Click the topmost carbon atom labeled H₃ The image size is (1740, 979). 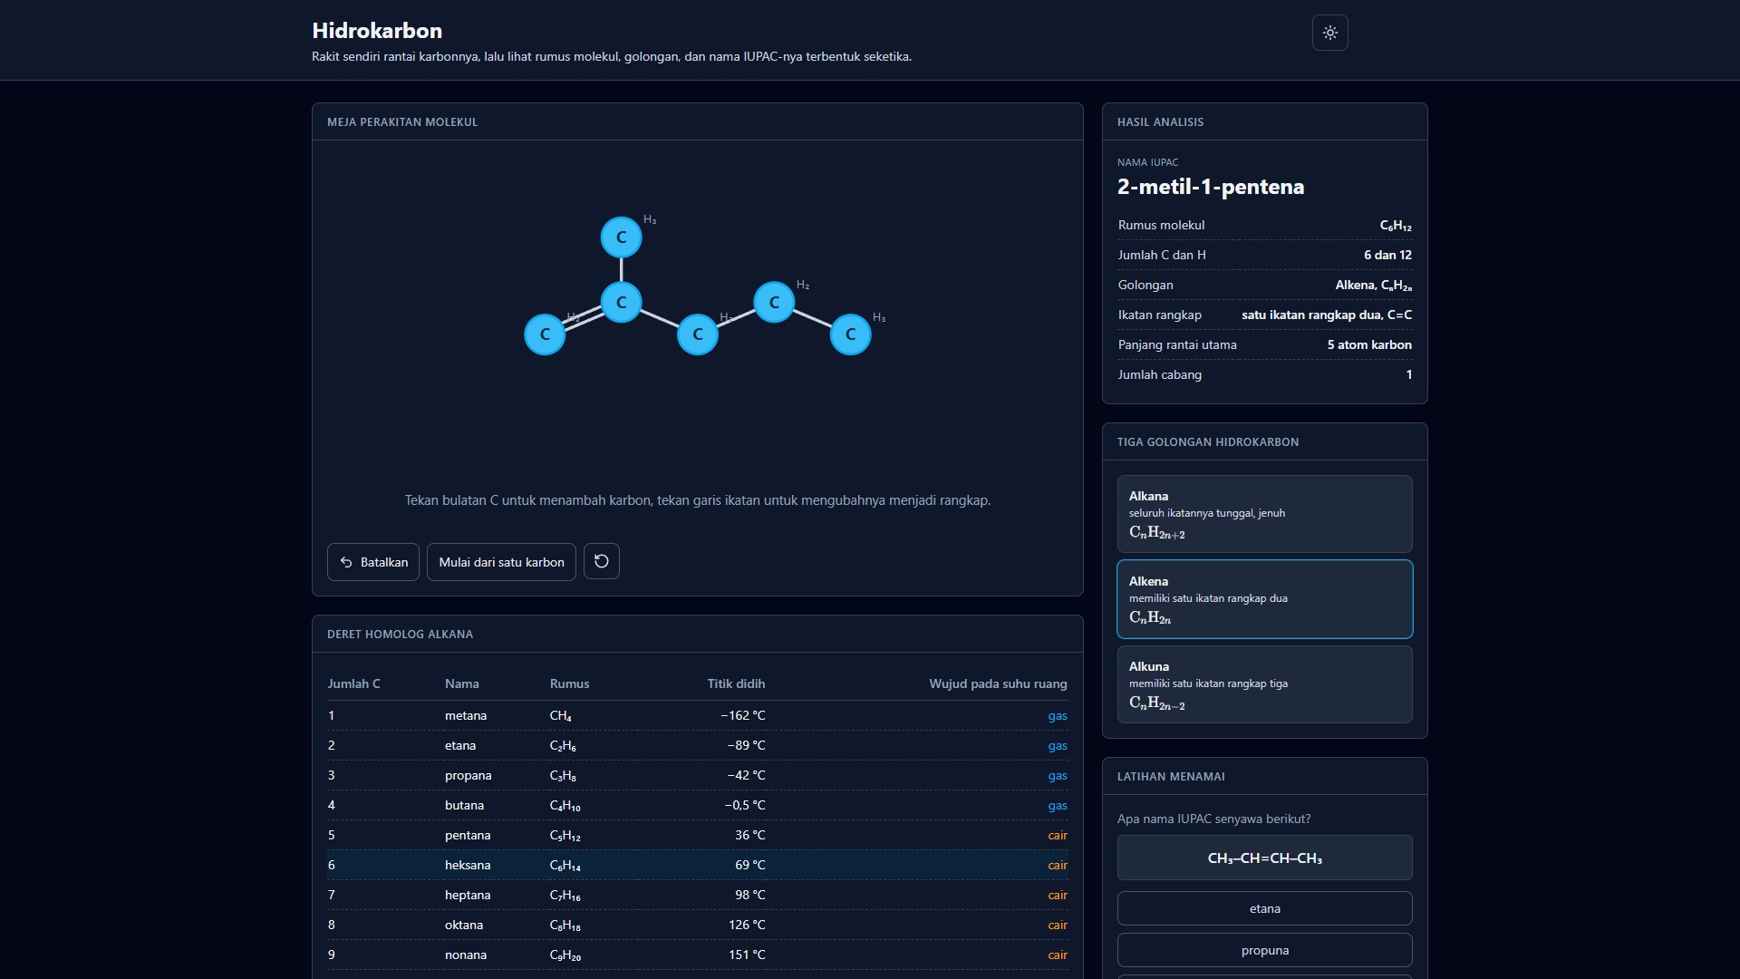(621, 237)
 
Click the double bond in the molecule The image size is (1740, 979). (583, 318)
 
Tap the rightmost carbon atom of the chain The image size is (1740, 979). (850, 334)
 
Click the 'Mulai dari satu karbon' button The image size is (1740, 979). (501, 562)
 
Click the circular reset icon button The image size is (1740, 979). (602, 561)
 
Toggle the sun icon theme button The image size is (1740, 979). (1330, 33)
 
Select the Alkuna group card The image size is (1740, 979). (1264, 684)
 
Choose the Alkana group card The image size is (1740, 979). (1264, 514)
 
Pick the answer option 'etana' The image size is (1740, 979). (1264, 908)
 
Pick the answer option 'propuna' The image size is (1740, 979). (1264, 950)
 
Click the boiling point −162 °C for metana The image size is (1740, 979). (743, 715)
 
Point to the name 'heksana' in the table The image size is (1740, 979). (468, 865)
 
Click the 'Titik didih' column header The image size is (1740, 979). (736, 683)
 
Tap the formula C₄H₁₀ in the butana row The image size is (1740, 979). (565, 806)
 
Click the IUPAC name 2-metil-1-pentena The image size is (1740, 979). (1211, 187)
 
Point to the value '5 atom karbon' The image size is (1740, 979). (1369, 344)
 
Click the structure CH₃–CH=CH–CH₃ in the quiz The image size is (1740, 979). (1264, 858)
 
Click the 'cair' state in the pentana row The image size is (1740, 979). (1058, 835)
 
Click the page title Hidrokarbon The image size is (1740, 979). (377, 31)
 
